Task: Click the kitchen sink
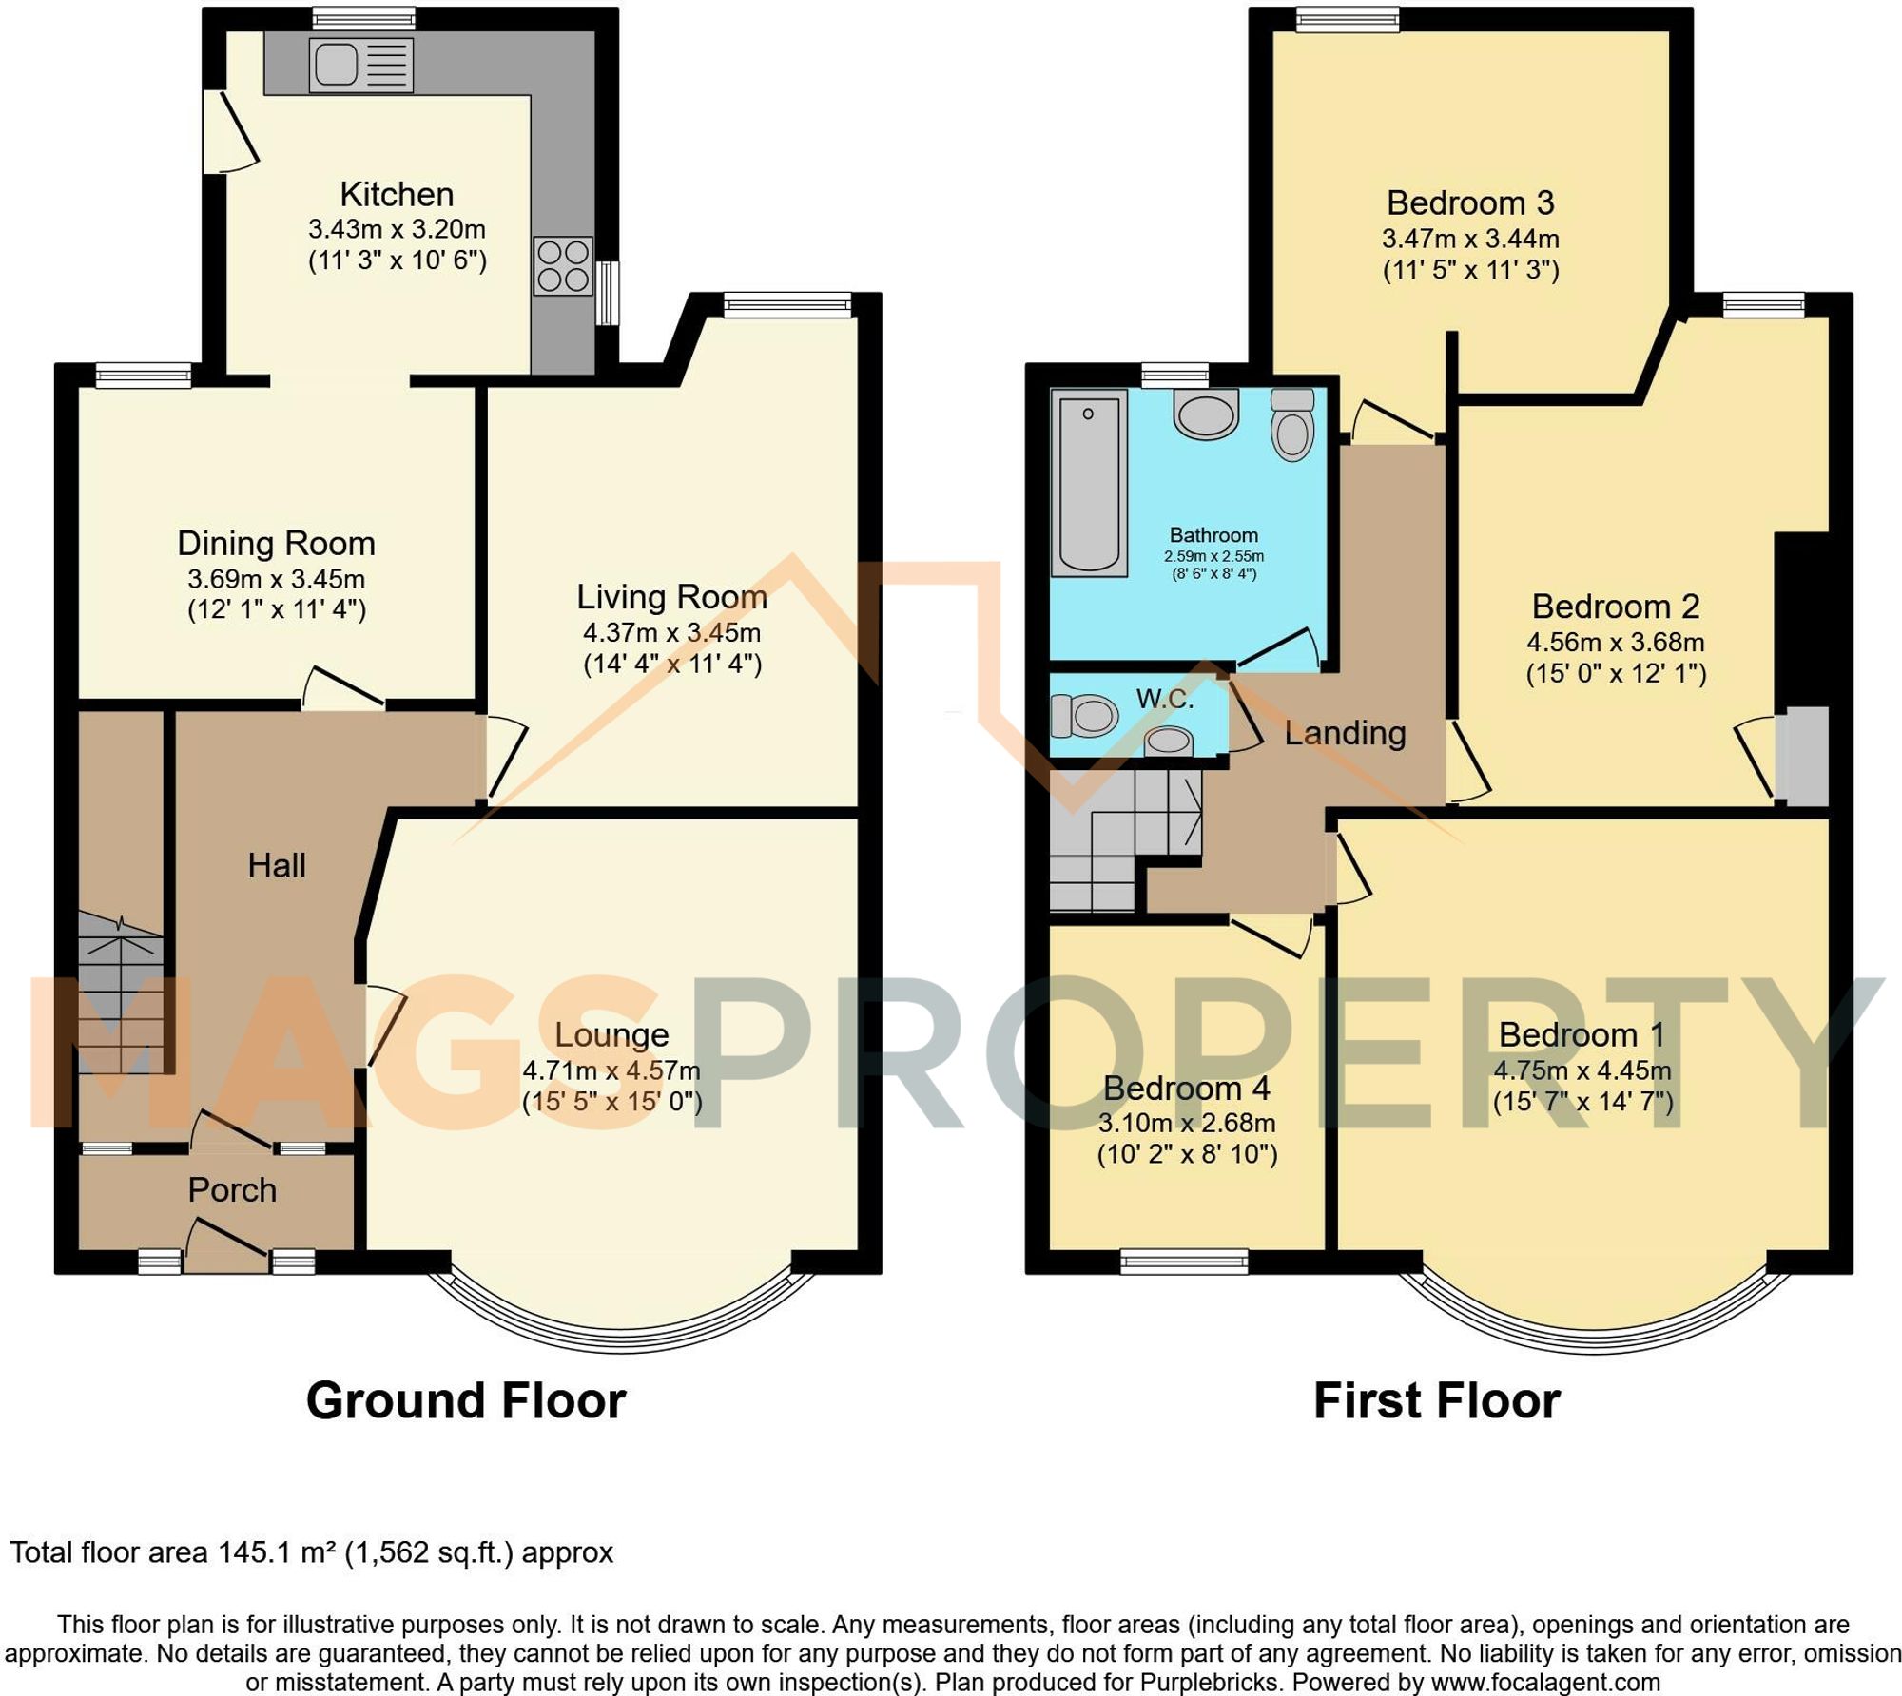point(360,66)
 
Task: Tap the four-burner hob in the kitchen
point(563,266)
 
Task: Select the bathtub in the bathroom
point(1088,482)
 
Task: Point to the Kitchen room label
point(397,195)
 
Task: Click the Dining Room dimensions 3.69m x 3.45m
point(276,579)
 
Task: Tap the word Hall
point(277,865)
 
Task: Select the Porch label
point(232,1190)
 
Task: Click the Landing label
point(1345,733)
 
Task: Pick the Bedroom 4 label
point(1186,1089)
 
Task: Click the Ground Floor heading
point(466,1401)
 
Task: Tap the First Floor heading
point(1436,1401)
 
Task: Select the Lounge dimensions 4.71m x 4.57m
point(611,1070)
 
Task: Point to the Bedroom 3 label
point(1470,202)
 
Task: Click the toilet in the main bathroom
point(1292,424)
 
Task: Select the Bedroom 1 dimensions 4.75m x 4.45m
point(1582,1070)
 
